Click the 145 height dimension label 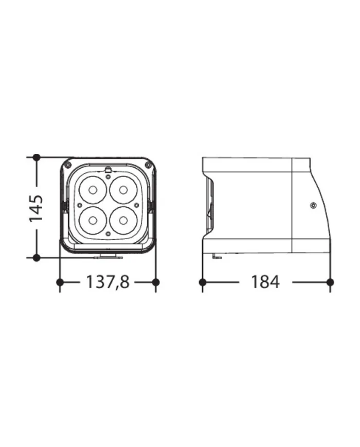(x=36, y=208)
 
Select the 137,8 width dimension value (x=108, y=282)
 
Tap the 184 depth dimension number (x=265, y=282)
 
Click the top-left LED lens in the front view (x=93, y=190)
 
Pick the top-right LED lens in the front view (x=123, y=190)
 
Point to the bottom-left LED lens (x=93, y=220)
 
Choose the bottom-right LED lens (x=123, y=220)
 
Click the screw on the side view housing (x=313, y=206)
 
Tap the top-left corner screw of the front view (x=67, y=165)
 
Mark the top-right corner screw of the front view (x=148, y=165)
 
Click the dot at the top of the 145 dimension (x=36, y=157)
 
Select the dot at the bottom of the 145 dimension (x=36, y=257)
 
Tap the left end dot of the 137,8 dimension (x=60, y=282)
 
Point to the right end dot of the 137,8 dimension (x=156, y=282)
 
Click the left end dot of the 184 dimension (x=203, y=282)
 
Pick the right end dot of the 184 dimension (x=330, y=282)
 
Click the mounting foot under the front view (x=108, y=255)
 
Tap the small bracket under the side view (x=217, y=256)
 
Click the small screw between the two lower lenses (x=108, y=234)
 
